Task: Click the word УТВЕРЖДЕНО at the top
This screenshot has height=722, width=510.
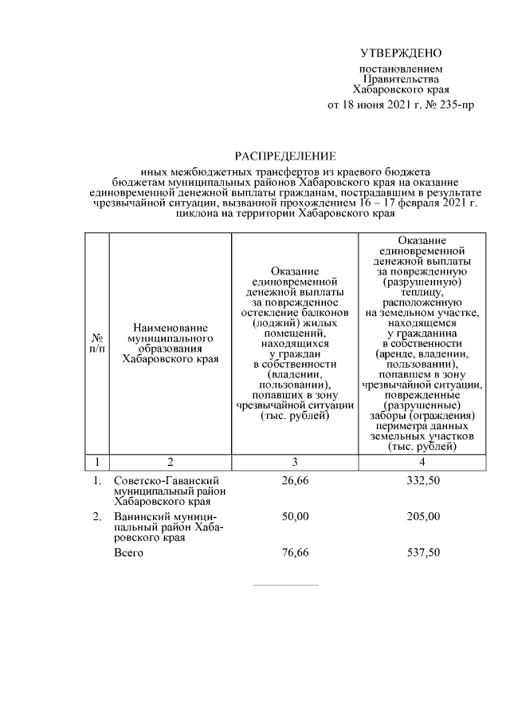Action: coord(400,53)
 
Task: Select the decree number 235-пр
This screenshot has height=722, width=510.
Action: coord(453,105)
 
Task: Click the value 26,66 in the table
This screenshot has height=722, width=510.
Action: coord(295,480)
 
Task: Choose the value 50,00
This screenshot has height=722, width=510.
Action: coord(295,517)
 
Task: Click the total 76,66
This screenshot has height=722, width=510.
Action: coord(295,553)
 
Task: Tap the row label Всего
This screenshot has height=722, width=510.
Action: coord(128,553)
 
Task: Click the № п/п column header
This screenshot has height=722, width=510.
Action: coord(97,344)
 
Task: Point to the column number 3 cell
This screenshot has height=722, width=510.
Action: coord(295,461)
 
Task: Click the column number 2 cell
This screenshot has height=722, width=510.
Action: coord(170,461)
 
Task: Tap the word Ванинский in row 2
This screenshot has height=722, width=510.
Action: coord(140,517)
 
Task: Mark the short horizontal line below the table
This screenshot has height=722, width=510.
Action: coord(284,585)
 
